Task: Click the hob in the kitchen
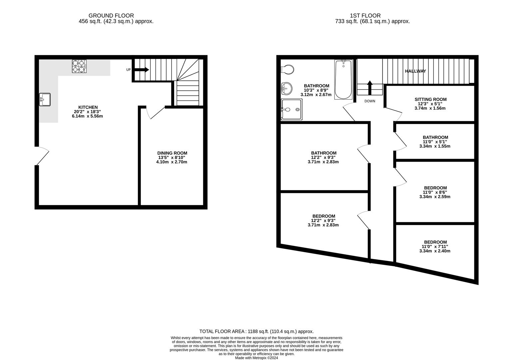(79, 66)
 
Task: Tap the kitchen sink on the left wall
(45, 99)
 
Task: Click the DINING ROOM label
(172, 153)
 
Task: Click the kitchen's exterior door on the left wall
(42, 156)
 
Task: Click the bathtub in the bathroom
(343, 79)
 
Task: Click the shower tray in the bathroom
(292, 109)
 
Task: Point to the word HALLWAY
(415, 71)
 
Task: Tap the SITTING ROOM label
(430, 99)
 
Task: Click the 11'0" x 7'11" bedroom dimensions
(435, 247)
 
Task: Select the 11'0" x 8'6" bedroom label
(435, 188)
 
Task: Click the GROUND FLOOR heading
(111, 16)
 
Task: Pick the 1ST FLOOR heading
(370, 16)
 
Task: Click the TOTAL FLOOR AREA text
(256, 331)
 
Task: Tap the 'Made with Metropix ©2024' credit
(256, 358)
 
